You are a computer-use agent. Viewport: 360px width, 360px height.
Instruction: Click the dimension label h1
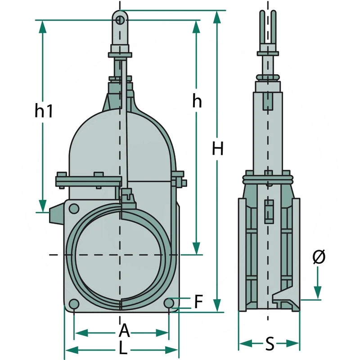tap(44, 110)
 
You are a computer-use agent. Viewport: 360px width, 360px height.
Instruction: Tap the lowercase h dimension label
tap(197, 101)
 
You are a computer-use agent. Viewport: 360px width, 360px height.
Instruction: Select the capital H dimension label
tap(218, 148)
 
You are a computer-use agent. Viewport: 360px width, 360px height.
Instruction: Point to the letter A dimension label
tap(124, 332)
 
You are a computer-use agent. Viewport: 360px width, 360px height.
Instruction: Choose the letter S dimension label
tap(269, 344)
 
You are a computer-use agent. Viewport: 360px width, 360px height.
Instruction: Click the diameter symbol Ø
tap(319, 257)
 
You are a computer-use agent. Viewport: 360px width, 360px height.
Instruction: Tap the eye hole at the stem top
tap(120, 20)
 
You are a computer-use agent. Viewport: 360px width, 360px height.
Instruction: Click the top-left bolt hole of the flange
tap(73, 208)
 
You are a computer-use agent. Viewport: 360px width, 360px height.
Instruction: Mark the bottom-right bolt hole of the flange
tap(170, 304)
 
